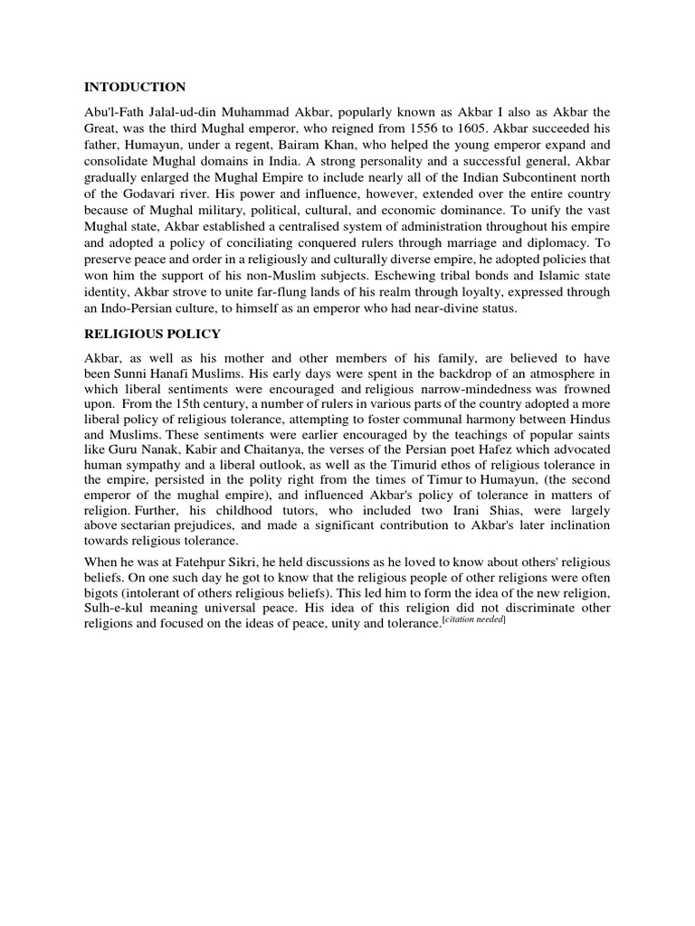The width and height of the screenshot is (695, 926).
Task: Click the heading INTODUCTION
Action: [135, 87]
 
